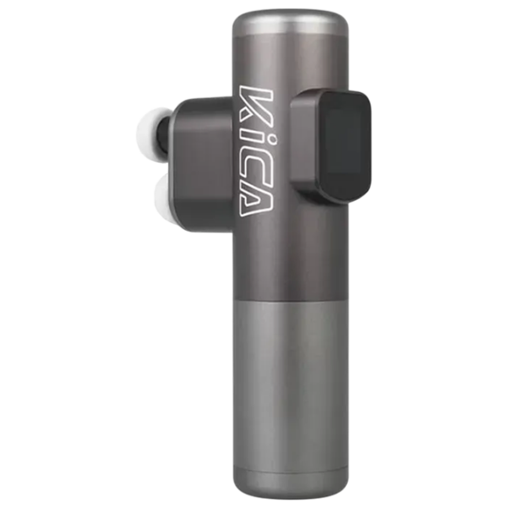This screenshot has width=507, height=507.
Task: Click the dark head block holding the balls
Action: pos(202,163)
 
